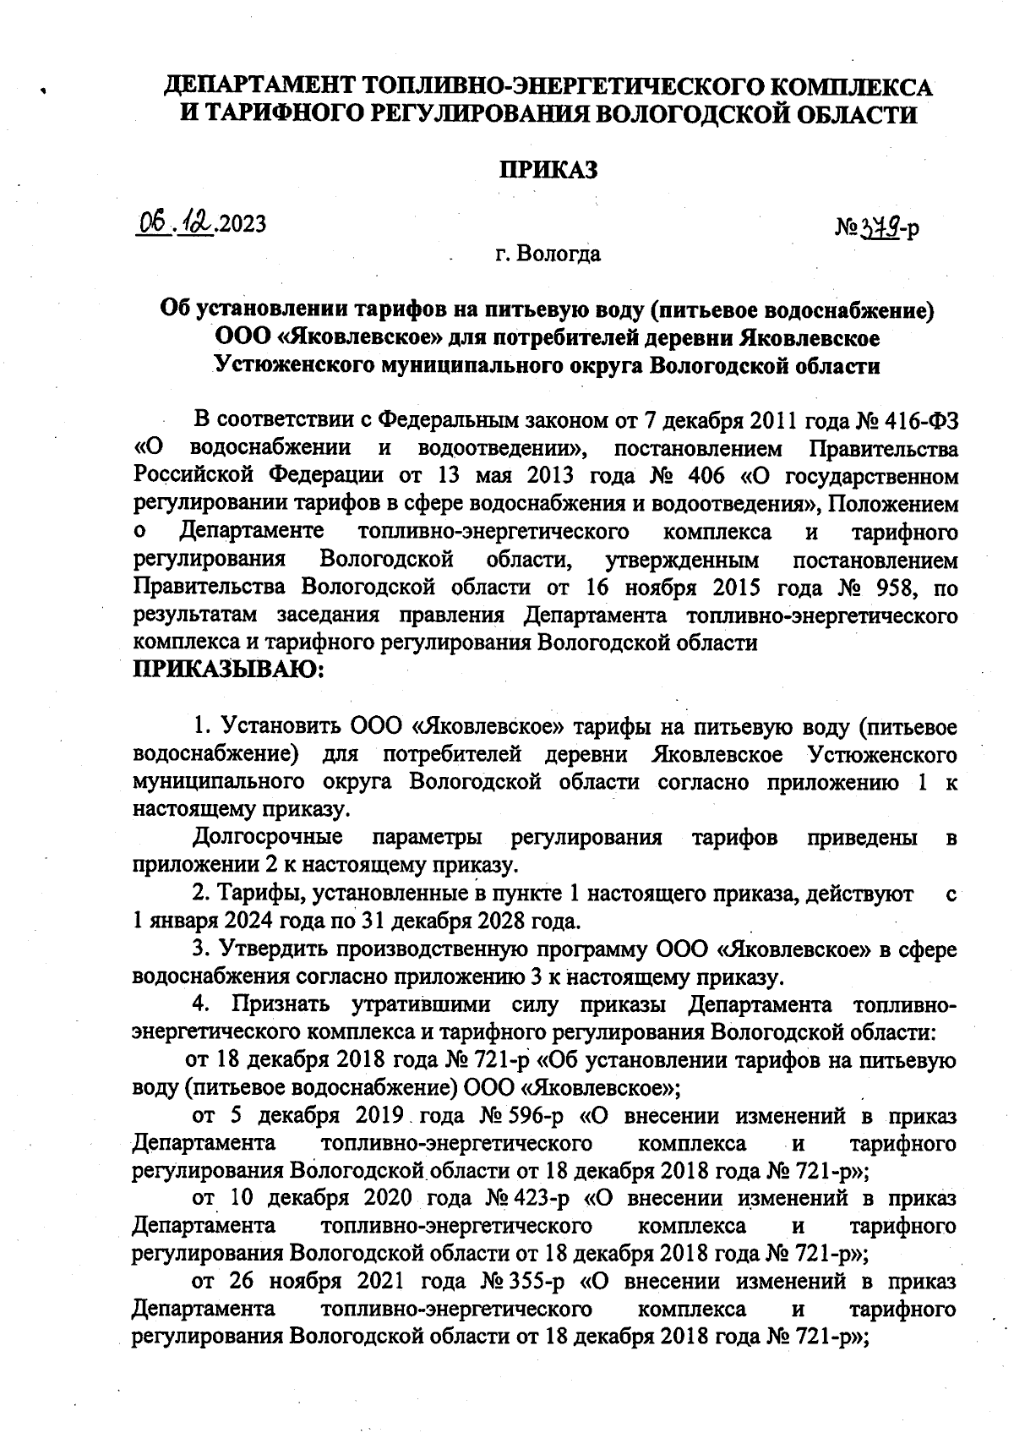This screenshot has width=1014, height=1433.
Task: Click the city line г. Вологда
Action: click(548, 253)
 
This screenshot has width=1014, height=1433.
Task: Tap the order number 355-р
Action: click(524, 1282)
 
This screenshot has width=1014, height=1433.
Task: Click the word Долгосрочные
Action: click(269, 838)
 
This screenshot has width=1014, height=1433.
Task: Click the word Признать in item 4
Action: click(285, 1005)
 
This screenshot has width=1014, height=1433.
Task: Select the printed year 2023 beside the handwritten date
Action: click(242, 224)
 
